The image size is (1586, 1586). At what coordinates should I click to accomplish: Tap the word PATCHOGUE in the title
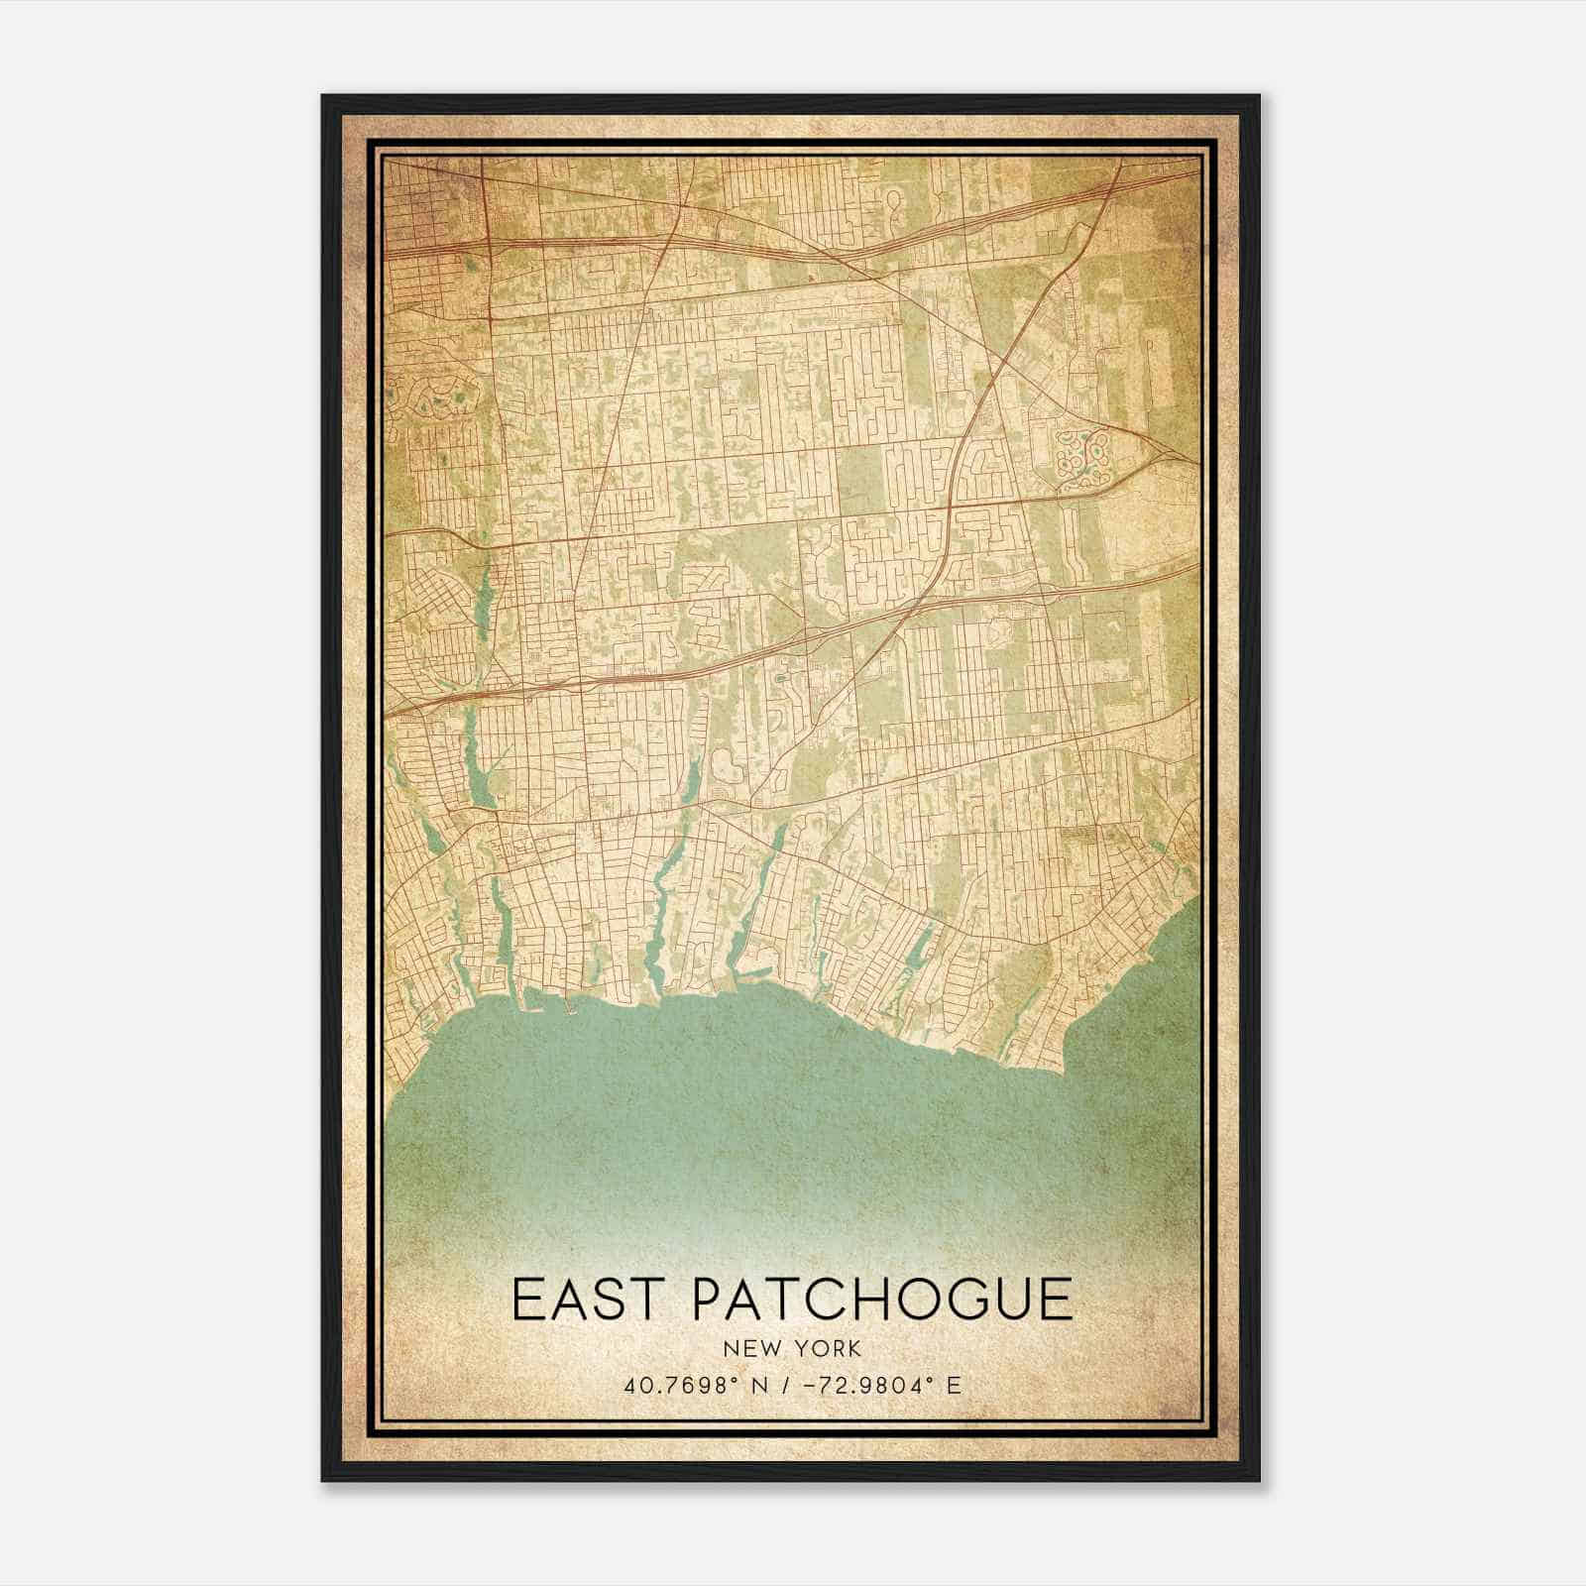tap(882, 1299)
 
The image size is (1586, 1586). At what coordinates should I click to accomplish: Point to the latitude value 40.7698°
tap(684, 1386)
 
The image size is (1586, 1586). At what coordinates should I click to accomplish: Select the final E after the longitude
tap(954, 1386)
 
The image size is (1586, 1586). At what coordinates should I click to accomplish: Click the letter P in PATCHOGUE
tap(710, 1299)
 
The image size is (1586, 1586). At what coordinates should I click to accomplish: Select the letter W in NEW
tap(766, 1349)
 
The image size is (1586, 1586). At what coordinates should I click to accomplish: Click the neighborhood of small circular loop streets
tap(1080, 461)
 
